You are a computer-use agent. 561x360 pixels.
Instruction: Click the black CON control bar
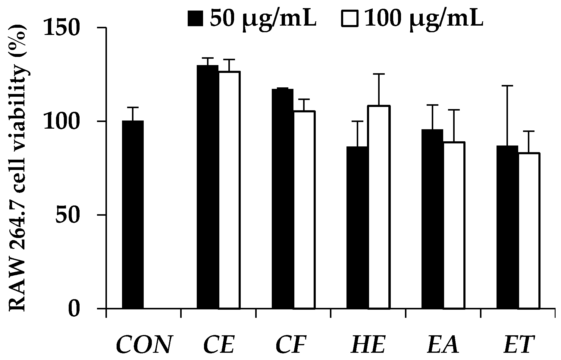(x=133, y=214)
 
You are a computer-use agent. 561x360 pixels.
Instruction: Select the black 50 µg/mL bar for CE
(x=208, y=187)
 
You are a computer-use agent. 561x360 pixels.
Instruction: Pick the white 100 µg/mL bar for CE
(x=229, y=190)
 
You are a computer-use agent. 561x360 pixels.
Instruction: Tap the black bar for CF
(x=282, y=199)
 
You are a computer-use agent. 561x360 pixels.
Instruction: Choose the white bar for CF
(x=304, y=210)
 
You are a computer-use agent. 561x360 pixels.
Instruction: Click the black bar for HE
(x=357, y=227)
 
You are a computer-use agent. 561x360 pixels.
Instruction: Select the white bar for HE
(x=379, y=207)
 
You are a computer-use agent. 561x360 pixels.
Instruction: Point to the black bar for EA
(x=432, y=219)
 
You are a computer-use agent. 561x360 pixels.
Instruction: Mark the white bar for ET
(x=529, y=231)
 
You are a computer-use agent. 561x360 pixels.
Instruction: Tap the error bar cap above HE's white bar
(x=379, y=74)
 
